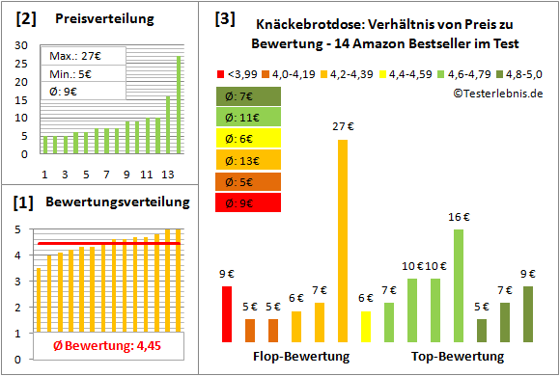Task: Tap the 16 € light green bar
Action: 459,285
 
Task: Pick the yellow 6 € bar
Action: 366,327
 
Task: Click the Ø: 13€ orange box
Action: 249,160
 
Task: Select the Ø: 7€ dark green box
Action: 249,96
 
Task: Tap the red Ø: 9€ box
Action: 249,202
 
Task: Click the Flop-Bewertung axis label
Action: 301,357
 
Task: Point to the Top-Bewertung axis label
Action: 459,357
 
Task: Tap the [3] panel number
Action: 223,17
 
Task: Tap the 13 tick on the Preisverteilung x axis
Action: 168,175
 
